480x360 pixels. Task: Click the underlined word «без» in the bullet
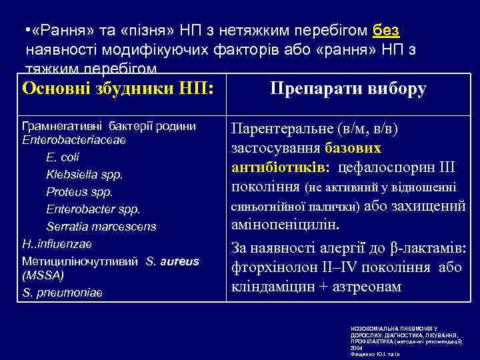tap(386, 31)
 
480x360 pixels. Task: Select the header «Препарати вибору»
tap(348, 89)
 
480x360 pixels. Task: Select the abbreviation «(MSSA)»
tap(42, 275)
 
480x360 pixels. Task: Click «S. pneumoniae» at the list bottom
tap(63, 292)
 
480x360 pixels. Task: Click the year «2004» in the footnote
tap(357, 347)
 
